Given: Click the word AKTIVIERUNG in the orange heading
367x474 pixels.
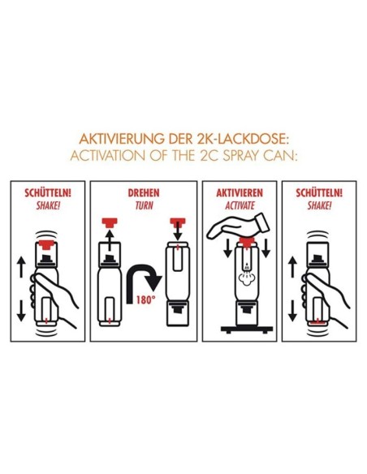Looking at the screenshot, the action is point(121,139).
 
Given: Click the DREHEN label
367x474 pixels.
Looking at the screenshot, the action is point(144,193).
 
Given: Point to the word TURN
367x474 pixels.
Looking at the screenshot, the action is point(144,205).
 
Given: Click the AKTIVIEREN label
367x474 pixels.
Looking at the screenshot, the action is point(240,193).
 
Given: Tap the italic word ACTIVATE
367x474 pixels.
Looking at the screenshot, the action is point(240,205).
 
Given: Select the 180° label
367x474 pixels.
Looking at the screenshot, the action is point(145,300).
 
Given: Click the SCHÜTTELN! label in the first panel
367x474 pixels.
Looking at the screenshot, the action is point(48,193).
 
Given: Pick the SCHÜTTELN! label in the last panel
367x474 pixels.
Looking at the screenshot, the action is point(319,193).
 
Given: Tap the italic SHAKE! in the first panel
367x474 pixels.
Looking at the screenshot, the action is point(48,205).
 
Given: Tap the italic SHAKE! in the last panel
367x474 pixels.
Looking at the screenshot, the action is point(319,205).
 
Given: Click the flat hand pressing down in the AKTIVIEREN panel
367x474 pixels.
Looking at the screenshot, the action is point(237,227).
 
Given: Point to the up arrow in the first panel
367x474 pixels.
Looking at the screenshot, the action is point(21,266).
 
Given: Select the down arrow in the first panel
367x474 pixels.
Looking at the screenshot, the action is point(21,311).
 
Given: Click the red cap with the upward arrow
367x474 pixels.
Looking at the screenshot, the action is point(110,222).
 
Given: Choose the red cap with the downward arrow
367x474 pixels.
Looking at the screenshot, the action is point(178,222).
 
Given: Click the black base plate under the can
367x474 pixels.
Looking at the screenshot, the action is point(247,330).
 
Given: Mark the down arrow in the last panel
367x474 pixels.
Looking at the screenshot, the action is point(292,311).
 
